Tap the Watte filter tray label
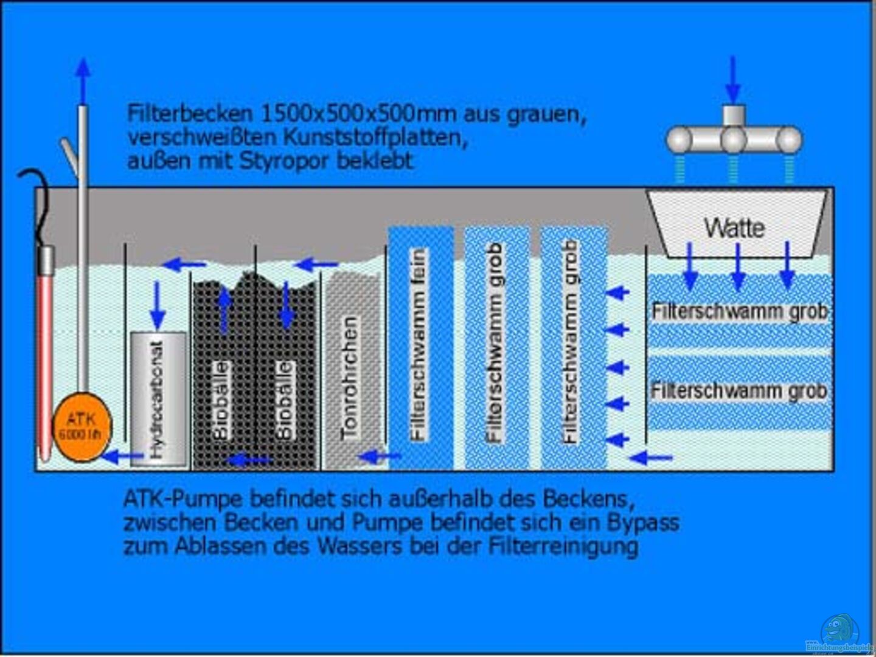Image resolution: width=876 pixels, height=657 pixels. (x=734, y=228)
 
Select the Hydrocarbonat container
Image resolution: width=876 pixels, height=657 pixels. (x=158, y=398)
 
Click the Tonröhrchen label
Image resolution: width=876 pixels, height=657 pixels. (x=350, y=377)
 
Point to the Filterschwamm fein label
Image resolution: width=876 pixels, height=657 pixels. (x=419, y=344)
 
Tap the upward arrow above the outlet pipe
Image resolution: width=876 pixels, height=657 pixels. (x=83, y=79)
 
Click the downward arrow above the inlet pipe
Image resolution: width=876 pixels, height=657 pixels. (x=734, y=79)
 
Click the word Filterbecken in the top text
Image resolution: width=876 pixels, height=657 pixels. (x=189, y=114)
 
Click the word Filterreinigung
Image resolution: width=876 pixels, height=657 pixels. (x=563, y=546)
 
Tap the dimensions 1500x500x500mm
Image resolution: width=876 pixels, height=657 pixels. (x=359, y=114)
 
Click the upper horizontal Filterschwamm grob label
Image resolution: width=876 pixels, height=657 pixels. (x=740, y=311)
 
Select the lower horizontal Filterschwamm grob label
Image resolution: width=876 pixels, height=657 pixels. (x=740, y=391)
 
